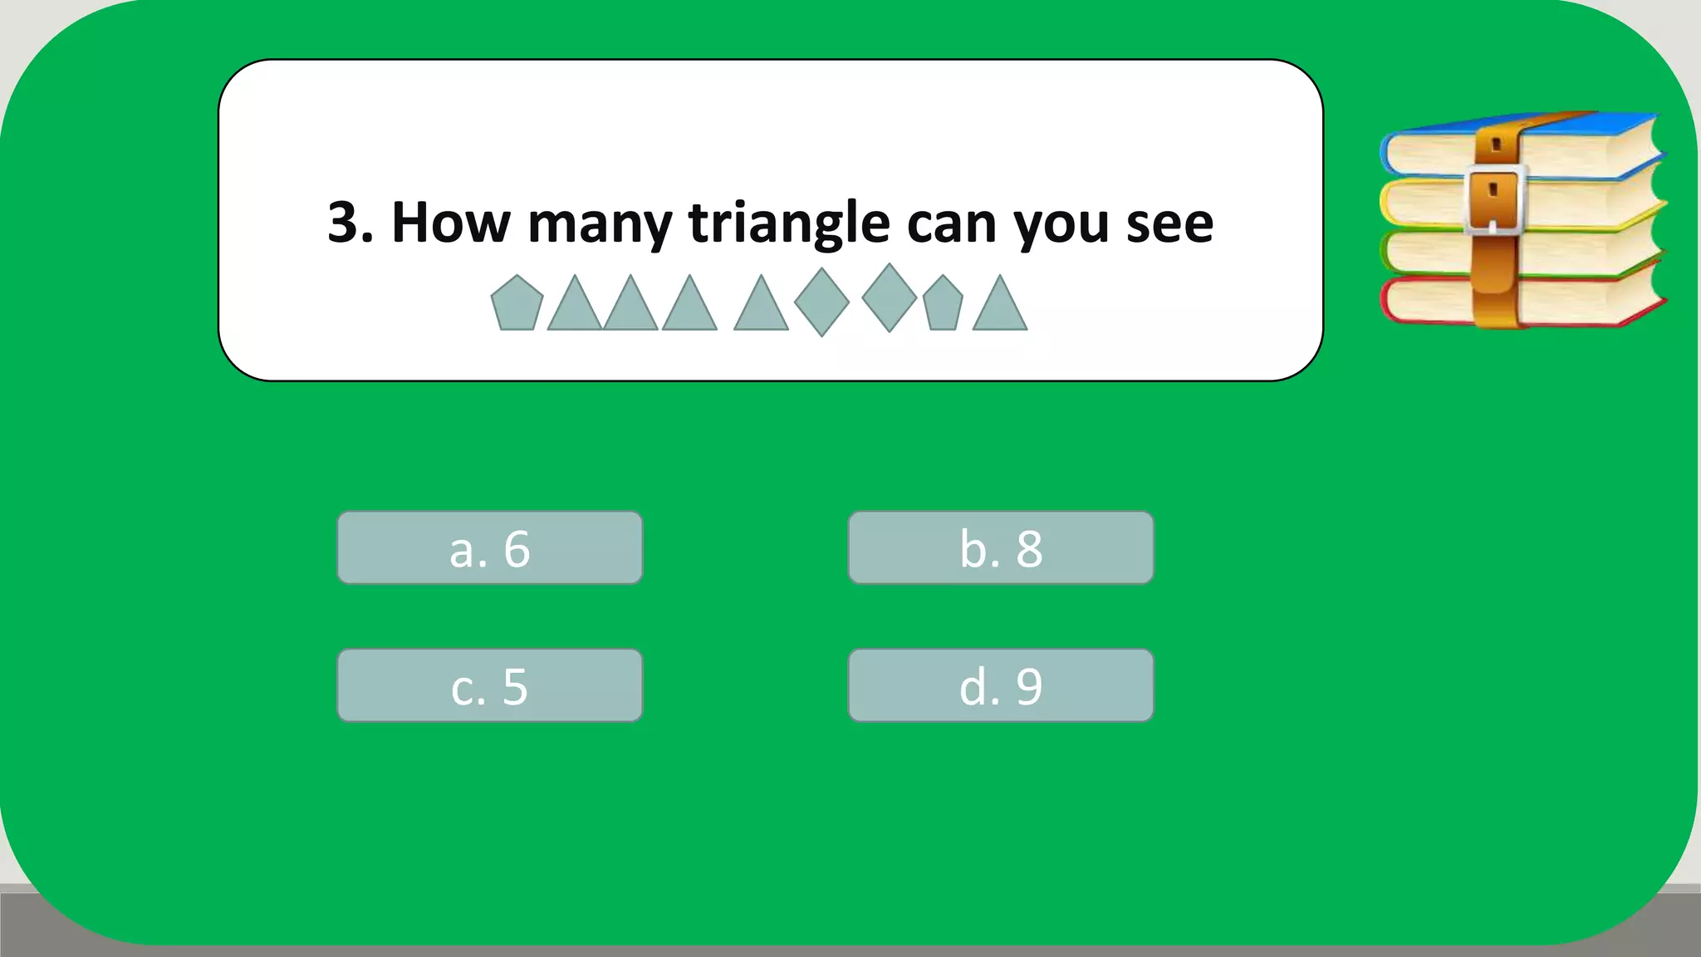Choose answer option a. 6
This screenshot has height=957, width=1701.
click(489, 548)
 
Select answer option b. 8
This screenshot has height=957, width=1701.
click(1000, 548)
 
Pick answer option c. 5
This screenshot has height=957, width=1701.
click(489, 686)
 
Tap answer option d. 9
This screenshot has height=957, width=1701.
click(1000, 686)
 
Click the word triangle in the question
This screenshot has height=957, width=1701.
click(789, 223)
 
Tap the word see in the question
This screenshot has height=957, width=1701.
click(1169, 224)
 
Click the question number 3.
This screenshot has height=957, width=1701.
click(345, 223)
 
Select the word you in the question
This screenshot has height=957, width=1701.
click(1061, 224)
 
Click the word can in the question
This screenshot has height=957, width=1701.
click(951, 224)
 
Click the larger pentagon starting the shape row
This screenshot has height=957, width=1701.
click(517, 304)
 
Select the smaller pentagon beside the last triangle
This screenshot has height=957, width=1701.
click(943, 305)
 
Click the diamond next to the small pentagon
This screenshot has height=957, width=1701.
click(889, 297)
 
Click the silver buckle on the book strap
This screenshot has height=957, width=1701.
click(1494, 199)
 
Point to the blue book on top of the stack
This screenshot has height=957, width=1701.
click(1578, 145)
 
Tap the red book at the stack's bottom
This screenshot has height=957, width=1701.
click(1578, 299)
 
